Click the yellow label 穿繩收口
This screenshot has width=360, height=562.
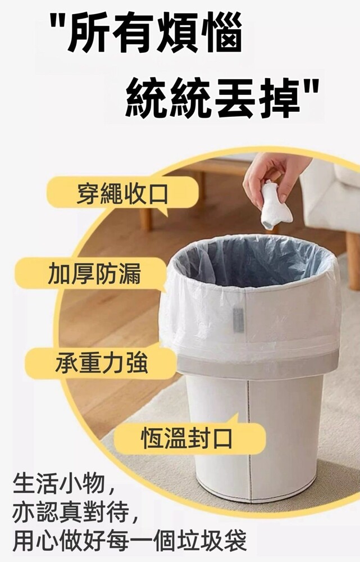tap(122, 194)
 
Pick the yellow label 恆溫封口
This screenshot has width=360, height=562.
tap(189, 438)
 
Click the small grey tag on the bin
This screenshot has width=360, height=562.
tap(238, 319)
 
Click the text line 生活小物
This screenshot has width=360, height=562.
tap(59, 483)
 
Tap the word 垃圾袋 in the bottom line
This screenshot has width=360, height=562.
tap(212, 541)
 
